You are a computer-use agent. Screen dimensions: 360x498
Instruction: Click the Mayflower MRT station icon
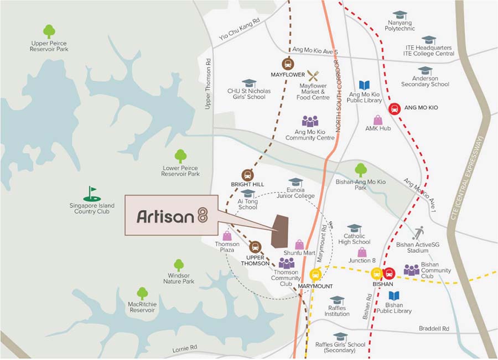(x=288, y=63)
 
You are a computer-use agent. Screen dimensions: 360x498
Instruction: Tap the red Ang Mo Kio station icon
(x=395, y=108)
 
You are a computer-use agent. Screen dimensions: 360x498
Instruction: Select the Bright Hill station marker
(x=247, y=174)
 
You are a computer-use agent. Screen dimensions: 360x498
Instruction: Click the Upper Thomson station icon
(x=255, y=246)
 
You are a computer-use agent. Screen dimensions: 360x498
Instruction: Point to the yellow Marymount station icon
(x=315, y=274)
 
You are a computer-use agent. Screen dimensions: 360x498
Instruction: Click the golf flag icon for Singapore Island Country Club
(x=92, y=194)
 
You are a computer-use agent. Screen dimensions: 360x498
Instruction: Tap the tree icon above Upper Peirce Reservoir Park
(x=49, y=31)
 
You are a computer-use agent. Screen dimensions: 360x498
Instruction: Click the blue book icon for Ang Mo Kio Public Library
(x=364, y=85)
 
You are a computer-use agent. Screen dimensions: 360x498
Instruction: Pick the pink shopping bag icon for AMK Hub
(x=378, y=119)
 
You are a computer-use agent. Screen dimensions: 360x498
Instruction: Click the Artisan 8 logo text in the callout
(x=172, y=216)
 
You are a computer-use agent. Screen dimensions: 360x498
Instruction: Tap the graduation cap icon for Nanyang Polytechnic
(x=399, y=15)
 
